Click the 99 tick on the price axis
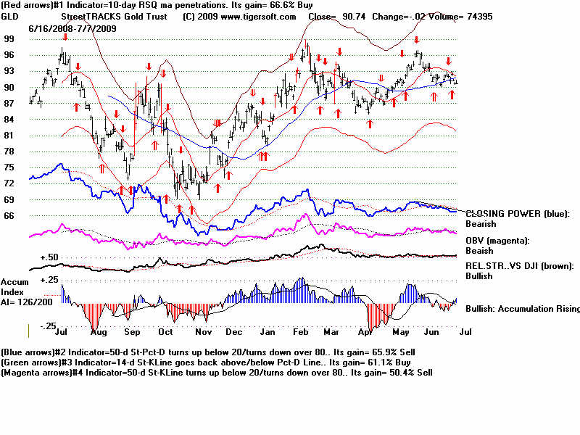[x=9, y=38]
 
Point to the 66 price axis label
[x=9, y=215]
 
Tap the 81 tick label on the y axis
[x=9, y=135]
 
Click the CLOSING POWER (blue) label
[x=517, y=214]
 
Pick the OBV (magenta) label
[x=497, y=241]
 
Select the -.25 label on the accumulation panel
[x=47, y=326]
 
